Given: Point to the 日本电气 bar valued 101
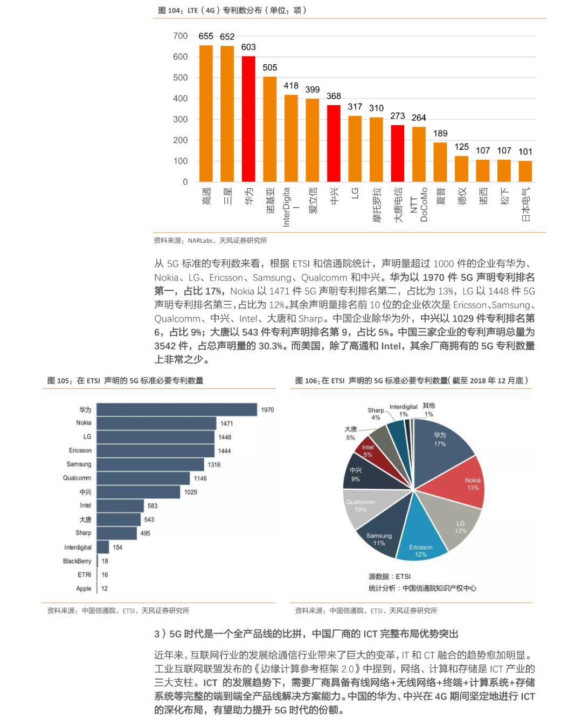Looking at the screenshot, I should [525, 171].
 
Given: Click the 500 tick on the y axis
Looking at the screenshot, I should [181, 78].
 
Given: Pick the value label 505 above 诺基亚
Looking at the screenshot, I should [270, 67].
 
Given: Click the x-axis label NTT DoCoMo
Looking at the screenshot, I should [419, 205].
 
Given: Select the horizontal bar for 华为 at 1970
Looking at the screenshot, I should [177, 410].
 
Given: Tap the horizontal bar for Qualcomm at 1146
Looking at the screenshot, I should [144, 478].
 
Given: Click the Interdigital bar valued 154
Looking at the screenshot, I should [103, 547].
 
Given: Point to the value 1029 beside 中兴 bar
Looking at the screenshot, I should [191, 492].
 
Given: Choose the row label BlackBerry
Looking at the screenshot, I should [77, 561].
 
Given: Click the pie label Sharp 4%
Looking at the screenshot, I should [376, 414].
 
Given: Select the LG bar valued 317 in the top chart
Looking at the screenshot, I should [355, 148].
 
